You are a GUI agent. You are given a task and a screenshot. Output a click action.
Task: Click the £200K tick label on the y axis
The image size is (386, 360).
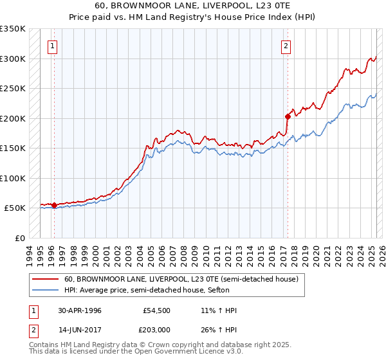(x=13, y=118)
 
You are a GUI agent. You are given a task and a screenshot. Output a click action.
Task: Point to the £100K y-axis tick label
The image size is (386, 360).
(x=13, y=178)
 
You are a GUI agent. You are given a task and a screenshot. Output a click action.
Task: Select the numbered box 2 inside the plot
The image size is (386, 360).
(x=286, y=46)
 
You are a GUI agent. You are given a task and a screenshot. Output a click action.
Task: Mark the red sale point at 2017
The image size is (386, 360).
(x=288, y=116)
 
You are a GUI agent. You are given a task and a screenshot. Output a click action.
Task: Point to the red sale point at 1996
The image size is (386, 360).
(x=54, y=206)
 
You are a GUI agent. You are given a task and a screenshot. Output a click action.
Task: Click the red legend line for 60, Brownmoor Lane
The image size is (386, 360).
(x=45, y=280)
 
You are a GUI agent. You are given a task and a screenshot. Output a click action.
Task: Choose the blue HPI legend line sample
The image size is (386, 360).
(x=45, y=291)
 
